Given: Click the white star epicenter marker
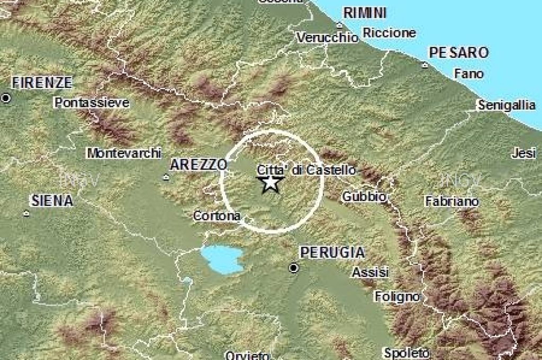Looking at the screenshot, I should tap(270, 183).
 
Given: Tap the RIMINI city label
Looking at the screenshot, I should tap(365, 13).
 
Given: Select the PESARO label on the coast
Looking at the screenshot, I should tap(458, 52).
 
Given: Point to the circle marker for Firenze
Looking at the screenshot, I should tap(6, 98).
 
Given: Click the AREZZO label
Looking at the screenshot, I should tap(198, 165).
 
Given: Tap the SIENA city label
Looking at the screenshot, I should tap(52, 201).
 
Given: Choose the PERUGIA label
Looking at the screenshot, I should tap(332, 253).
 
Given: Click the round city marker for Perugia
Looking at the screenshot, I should tap(293, 268).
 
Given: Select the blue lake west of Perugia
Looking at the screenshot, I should tap(222, 259).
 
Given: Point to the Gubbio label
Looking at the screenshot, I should tap(364, 196).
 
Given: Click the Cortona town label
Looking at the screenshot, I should tap(217, 215).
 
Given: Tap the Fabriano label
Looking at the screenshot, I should tap(452, 201).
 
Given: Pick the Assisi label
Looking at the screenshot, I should tap(371, 273).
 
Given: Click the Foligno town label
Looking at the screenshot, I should tap(398, 296).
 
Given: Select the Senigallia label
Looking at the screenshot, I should tap(507, 105).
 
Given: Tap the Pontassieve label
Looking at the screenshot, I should tap(92, 103).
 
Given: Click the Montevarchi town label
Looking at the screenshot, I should tap(124, 153).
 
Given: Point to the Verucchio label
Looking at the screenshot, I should tap(327, 38).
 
